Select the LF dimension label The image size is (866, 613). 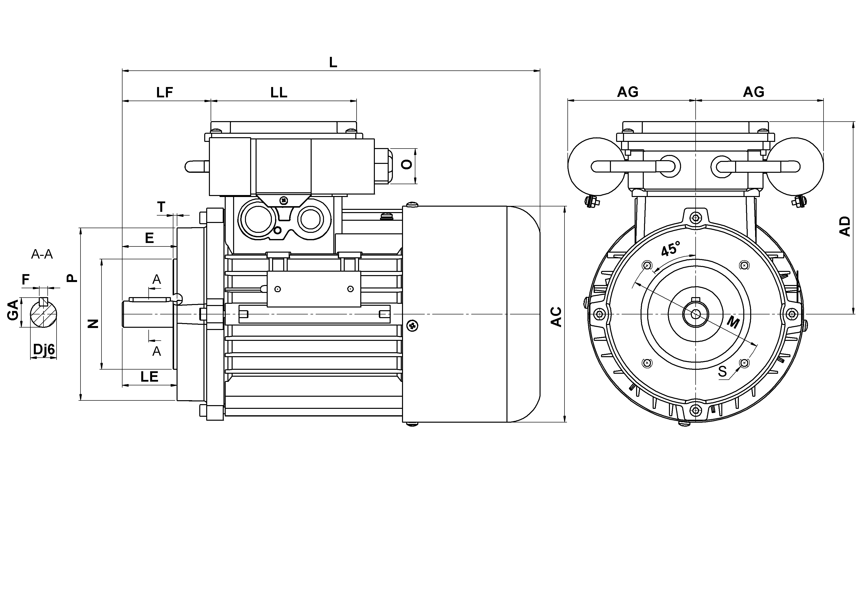(x=165, y=92)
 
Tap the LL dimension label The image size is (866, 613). (x=279, y=92)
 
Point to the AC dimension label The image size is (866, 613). (x=556, y=316)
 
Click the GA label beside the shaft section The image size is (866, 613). (x=13, y=310)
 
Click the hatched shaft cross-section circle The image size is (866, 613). (x=44, y=312)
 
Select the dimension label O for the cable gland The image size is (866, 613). (x=407, y=165)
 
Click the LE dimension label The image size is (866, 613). (x=149, y=377)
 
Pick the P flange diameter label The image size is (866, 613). (x=72, y=278)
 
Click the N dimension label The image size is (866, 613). (x=93, y=324)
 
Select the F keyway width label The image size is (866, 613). (x=26, y=280)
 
